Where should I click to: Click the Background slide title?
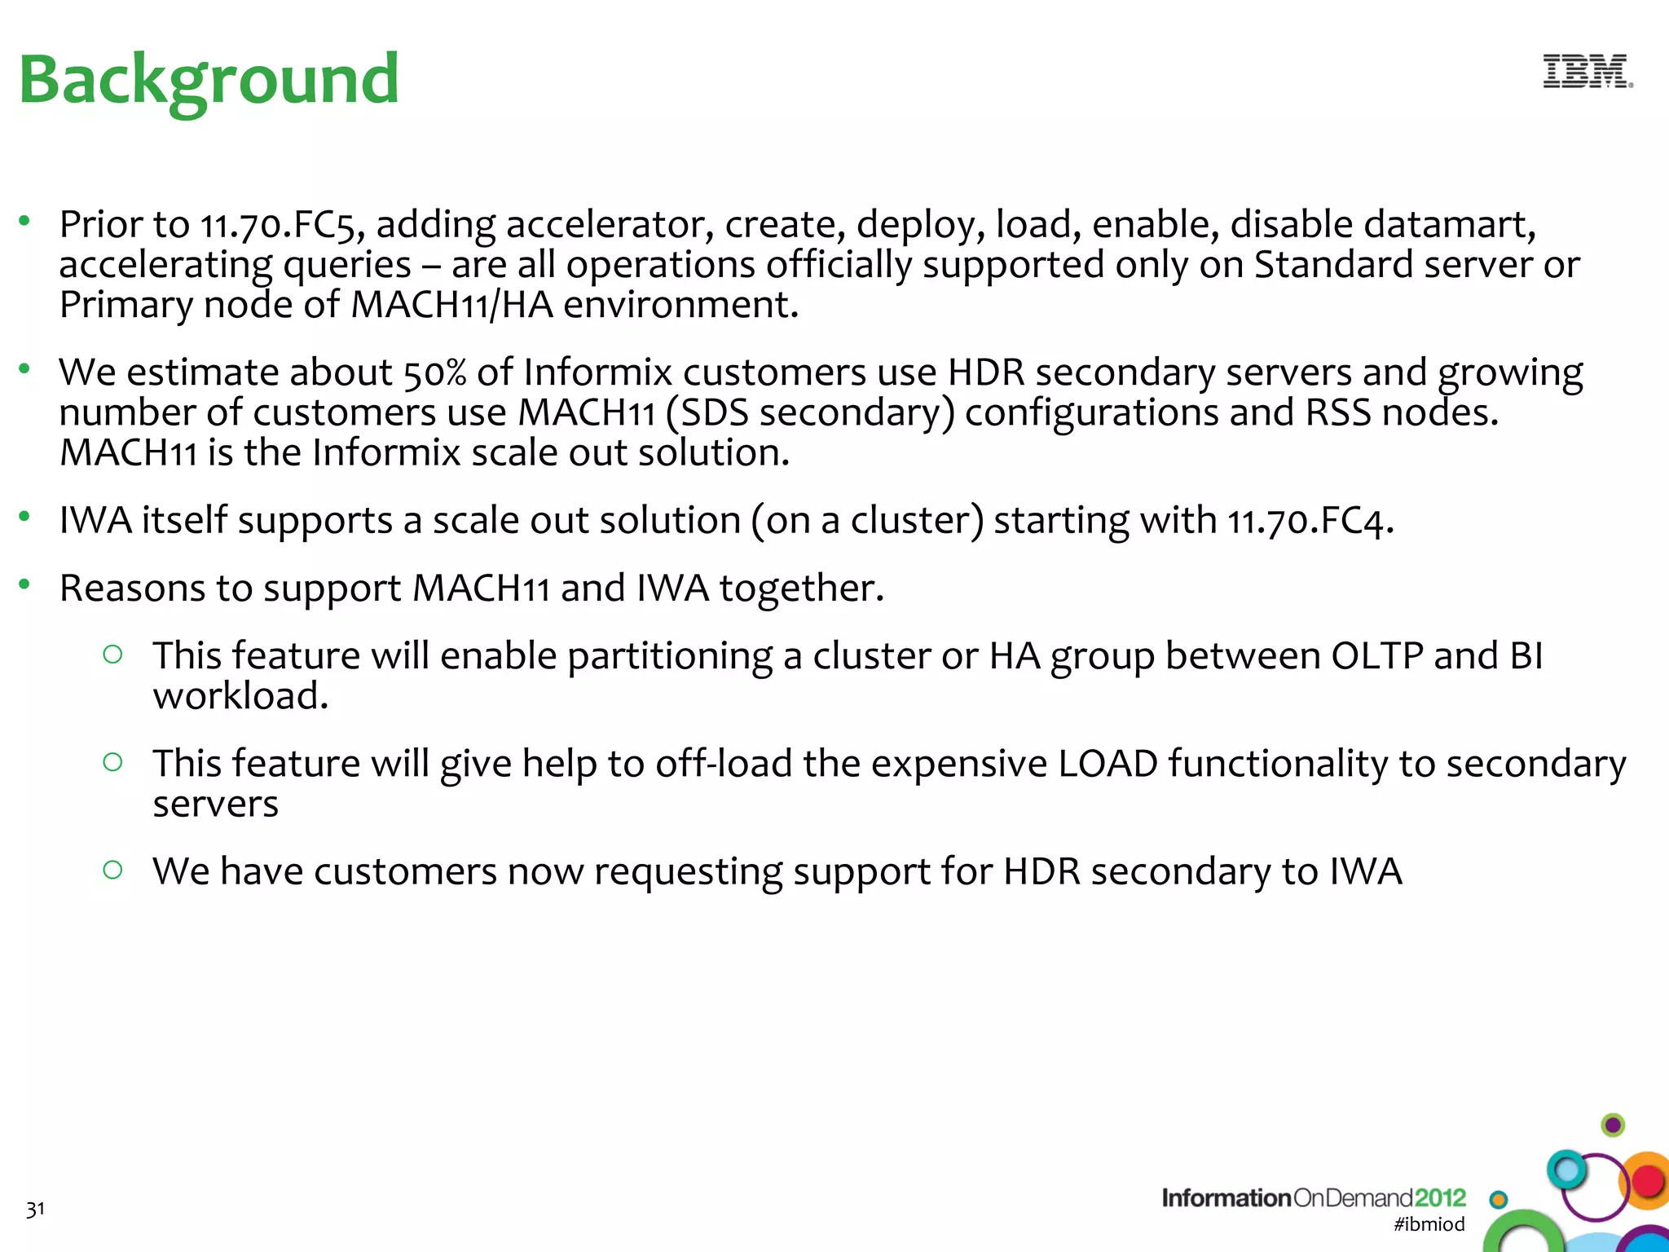[x=209, y=80]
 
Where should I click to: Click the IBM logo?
[x=1587, y=72]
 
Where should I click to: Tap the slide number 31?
[x=35, y=1210]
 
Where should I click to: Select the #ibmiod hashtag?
[x=1429, y=1224]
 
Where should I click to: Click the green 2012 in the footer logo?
[x=1440, y=1198]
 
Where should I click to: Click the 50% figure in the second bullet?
[x=434, y=373]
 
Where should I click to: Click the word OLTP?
[x=1376, y=656]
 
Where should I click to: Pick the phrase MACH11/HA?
[x=451, y=306]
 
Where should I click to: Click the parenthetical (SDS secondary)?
[x=810, y=413]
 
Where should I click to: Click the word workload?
[x=240, y=697]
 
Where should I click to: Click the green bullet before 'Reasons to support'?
[x=24, y=584]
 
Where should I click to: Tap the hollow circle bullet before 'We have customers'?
[x=113, y=870]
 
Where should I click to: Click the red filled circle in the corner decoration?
[x=1648, y=1181]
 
